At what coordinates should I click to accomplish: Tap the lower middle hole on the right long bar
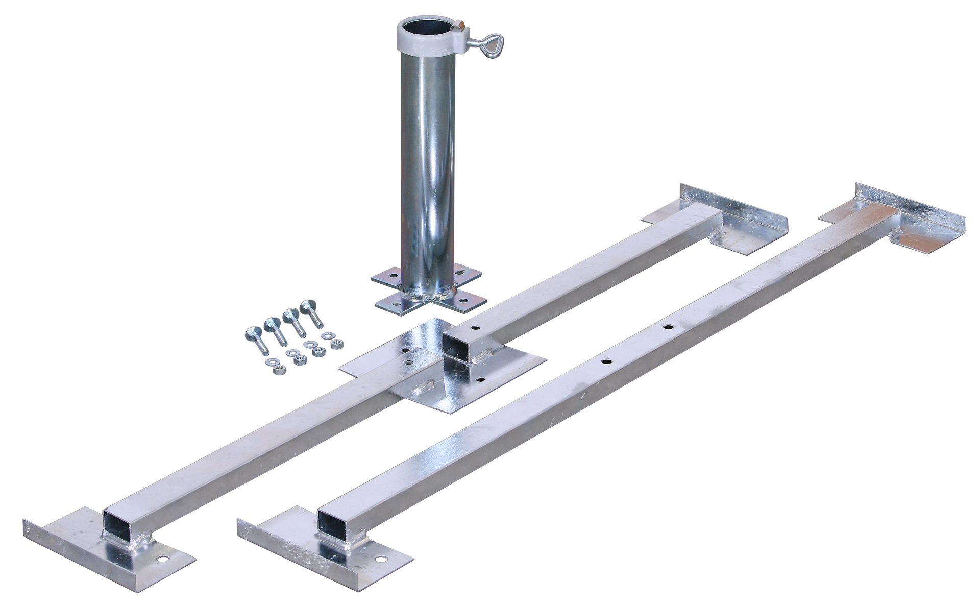pyautogui.click(x=605, y=361)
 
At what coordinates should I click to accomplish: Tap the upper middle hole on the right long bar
pyautogui.click(x=667, y=325)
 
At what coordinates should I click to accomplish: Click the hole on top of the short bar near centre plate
pyautogui.click(x=475, y=329)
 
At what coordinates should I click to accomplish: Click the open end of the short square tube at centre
pyautogui.click(x=456, y=348)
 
